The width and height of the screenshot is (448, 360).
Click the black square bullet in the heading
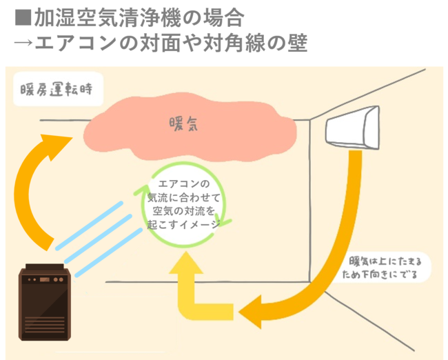[x=21, y=15]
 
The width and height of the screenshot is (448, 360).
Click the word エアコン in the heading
[x=76, y=42]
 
